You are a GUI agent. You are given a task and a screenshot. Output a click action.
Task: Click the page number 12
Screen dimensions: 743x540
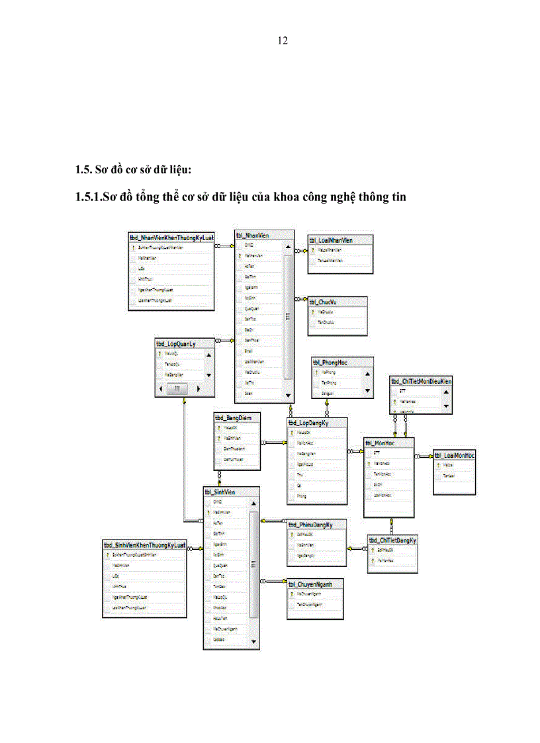coord(283,41)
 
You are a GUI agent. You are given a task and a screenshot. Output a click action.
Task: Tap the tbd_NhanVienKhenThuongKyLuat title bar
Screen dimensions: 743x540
coord(172,237)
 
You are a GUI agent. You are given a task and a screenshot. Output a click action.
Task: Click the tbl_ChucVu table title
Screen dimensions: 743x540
coord(324,302)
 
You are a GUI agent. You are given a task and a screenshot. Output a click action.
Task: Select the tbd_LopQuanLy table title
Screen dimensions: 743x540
coord(175,344)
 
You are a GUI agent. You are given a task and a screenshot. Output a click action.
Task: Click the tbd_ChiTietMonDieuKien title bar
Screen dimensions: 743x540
coord(421,381)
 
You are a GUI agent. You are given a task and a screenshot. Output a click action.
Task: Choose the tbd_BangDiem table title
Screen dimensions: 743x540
coord(229,418)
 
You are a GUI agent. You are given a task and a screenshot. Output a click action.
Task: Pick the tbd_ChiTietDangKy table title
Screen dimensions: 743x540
coord(392,541)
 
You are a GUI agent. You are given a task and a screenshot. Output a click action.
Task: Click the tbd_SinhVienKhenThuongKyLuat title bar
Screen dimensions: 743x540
coord(144,545)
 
